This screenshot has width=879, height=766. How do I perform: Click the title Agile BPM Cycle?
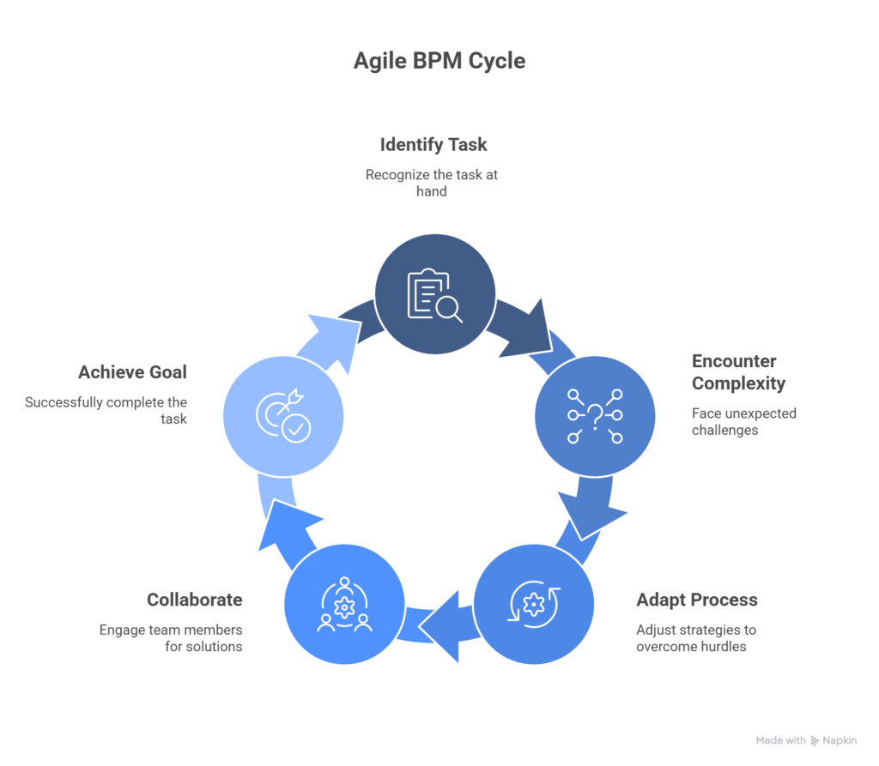439,62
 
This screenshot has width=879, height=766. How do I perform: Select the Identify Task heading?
433,144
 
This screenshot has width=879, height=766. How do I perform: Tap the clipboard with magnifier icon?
434,293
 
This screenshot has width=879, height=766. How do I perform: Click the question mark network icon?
594,416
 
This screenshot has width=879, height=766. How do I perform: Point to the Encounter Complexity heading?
738,371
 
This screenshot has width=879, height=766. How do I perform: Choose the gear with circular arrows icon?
534,604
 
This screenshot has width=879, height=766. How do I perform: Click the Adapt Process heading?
696,600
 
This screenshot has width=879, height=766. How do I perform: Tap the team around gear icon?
344,604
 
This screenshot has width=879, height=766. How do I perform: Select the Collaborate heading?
194,600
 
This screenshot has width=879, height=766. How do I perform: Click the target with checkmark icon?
283,416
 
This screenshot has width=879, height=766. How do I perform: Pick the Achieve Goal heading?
132,372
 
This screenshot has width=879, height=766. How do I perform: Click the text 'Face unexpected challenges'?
743,421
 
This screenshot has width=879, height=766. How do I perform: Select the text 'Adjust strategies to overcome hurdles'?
695,637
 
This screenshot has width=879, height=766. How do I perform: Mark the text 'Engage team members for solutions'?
171,637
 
